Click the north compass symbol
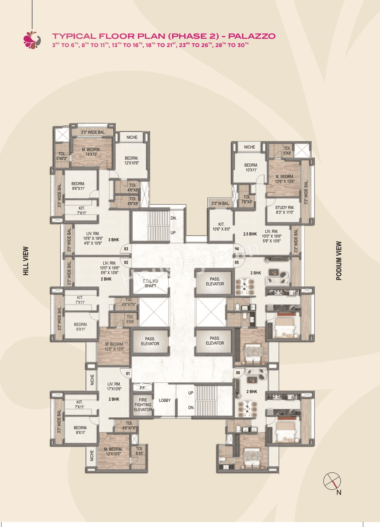(332, 481)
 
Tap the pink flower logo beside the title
(31, 40)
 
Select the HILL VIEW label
(26, 261)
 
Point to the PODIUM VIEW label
(339, 261)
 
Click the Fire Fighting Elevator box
(143, 405)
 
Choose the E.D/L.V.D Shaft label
(150, 283)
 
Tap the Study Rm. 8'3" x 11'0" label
(284, 210)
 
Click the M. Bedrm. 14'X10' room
(91, 152)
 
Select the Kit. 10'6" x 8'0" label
(221, 227)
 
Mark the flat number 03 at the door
(126, 249)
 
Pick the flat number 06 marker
(238, 373)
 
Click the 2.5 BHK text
(250, 234)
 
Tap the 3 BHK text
(113, 240)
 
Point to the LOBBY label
(165, 400)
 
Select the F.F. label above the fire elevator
(142, 388)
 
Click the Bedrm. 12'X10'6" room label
(132, 160)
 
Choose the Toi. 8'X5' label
(139, 451)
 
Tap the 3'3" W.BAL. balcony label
(220, 203)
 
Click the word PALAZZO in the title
(252, 36)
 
